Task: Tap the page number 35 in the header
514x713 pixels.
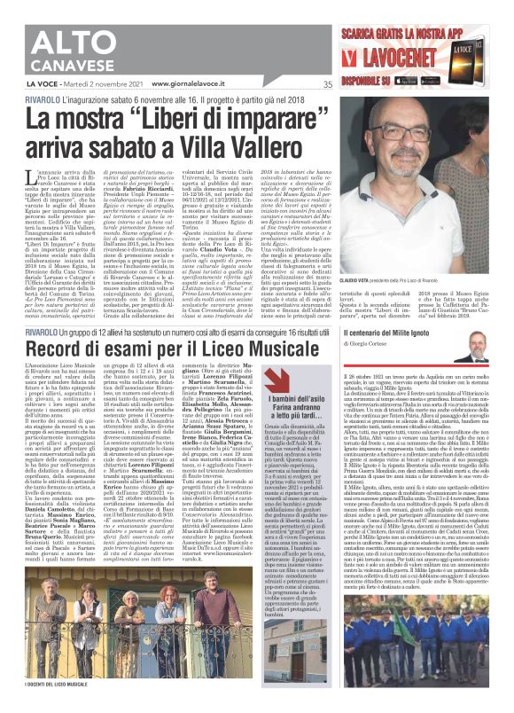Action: (328, 85)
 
